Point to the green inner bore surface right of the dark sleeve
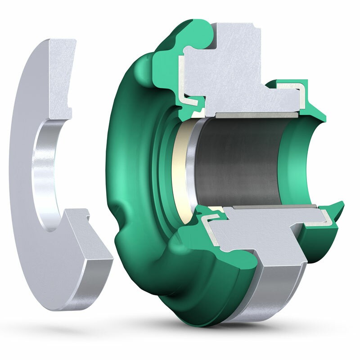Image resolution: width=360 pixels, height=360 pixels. point(295,166)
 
